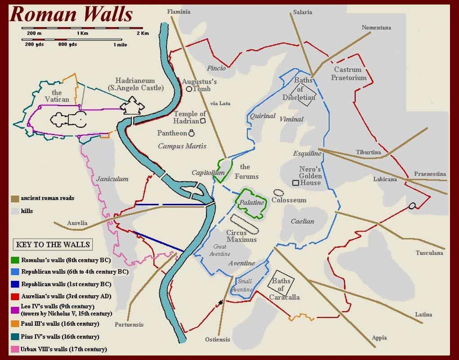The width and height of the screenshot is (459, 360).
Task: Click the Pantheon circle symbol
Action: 192,133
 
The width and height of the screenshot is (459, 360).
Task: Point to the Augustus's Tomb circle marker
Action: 189,89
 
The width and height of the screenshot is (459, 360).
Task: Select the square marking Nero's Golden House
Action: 295,183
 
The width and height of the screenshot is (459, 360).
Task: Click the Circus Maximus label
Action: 241,236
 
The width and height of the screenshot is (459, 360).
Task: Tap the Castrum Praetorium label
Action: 349,73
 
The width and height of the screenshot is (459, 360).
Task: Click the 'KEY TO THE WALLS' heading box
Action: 53,245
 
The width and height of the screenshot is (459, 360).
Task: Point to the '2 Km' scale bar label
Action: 142,33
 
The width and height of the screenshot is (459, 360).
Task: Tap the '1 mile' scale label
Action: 120,45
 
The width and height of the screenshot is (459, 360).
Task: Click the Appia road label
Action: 379,338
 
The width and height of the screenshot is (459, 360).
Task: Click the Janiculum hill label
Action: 112,179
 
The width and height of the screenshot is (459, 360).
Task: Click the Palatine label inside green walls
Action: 252,202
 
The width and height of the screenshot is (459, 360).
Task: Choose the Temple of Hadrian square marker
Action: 203,121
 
